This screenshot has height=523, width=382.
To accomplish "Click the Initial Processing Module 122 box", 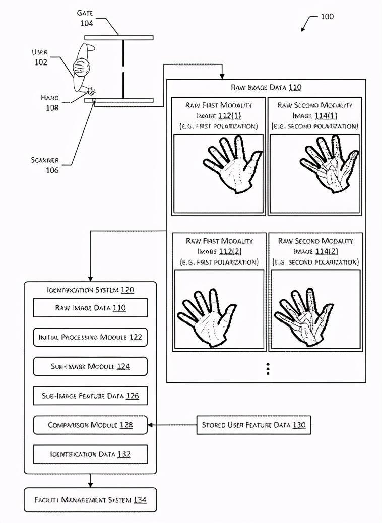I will coord(90,337).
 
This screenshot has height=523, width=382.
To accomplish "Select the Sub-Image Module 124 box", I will coord(90,366).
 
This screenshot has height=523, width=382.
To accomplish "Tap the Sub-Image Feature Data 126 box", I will coord(90,396).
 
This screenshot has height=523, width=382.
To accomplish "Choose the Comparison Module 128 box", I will coord(90,425).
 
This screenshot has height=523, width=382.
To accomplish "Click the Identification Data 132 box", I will coord(90,454).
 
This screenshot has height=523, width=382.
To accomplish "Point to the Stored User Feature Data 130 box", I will coord(253,425).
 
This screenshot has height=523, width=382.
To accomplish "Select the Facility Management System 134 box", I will coord(90,500).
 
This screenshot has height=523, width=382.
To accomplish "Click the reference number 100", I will coord(327,17).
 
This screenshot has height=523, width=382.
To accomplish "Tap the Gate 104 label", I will coord(86,17).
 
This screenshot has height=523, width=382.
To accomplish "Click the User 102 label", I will coord(40,57).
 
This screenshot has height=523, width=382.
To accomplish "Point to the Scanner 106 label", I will coord(45,165).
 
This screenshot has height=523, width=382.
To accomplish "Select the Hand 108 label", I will coord(50,102).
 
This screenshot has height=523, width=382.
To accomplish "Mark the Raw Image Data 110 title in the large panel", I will coord(266,87).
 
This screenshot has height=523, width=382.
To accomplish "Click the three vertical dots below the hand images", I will coord(268,369).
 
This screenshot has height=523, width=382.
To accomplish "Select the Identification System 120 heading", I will coord(90,290).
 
